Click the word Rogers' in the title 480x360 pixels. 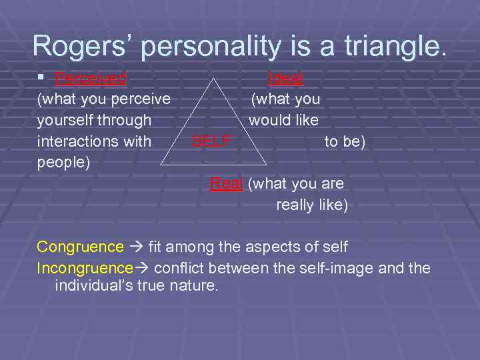coord(83,45)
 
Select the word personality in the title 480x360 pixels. coord(221,45)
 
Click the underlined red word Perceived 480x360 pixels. coord(91,79)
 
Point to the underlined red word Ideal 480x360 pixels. coord(285,79)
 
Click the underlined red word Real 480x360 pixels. coord(226,183)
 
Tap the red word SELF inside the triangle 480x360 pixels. coord(211,141)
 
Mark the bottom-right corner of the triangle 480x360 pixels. coord(266,164)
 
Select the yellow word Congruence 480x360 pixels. coord(80,247)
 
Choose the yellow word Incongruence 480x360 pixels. coord(85,268)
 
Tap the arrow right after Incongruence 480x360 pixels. coord(143,269)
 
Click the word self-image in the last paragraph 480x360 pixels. coord(343,268)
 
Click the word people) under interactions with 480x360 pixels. coord(63,162)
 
